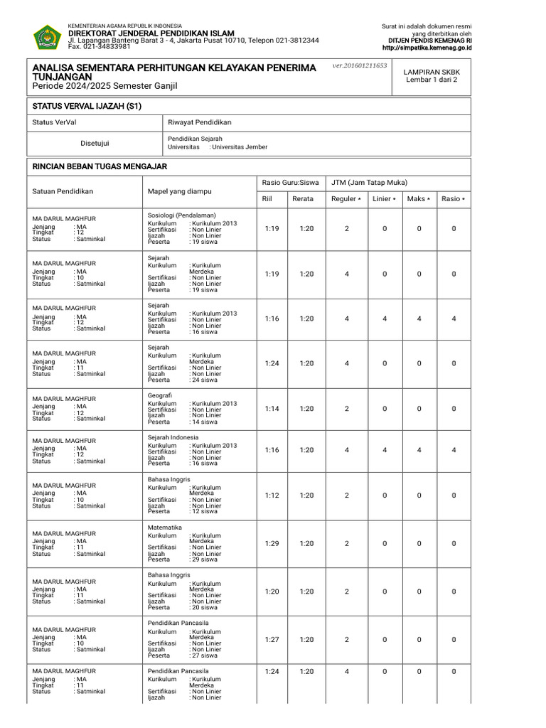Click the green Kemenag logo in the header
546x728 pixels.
pos(47,37)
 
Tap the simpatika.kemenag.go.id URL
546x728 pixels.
pos(427,48)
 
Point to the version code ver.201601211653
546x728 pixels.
pos(359,65)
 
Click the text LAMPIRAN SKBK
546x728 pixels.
pos(432,73)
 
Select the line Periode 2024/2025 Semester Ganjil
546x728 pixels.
pos(105,86)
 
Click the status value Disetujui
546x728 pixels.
pos(95,143)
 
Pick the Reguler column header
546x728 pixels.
pos(346,199)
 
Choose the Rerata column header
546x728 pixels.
pos(302,199)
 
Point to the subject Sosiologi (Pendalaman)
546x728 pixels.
pos(181,215)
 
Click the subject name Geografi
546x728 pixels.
pos(160,395)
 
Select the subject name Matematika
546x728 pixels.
pos(164,527)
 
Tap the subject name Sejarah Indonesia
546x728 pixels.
pos(173,437)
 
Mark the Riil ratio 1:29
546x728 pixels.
pos(272,543)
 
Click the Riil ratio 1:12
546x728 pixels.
pos(272,496)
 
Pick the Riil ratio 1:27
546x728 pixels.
pos(272,640)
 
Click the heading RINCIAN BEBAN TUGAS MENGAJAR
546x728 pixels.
pos(100,166)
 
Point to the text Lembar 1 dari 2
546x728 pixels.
pos(432,80)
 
